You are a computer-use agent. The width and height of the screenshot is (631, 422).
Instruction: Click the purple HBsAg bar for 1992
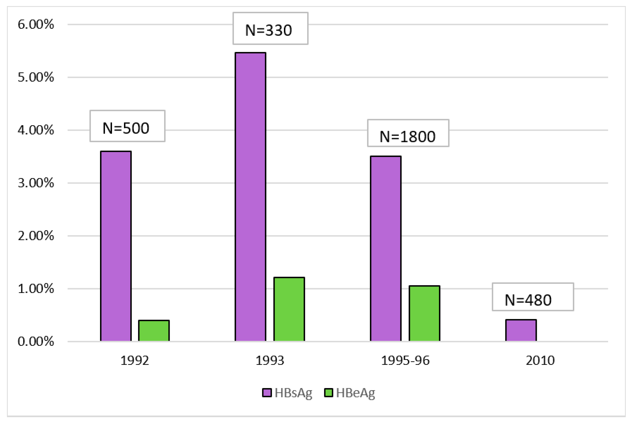coord(116,246)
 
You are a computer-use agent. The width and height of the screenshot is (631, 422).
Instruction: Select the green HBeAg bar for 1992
coord(154,330)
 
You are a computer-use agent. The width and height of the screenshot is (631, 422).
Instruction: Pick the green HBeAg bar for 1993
coord(289,309)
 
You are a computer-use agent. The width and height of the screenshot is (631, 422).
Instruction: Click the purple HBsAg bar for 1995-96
coord(386,249)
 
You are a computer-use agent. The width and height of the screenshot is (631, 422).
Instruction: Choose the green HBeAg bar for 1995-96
coord(424,313)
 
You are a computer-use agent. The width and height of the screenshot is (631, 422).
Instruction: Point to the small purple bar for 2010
coord(521,330)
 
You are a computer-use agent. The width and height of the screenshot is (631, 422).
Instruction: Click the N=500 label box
coord(127,126)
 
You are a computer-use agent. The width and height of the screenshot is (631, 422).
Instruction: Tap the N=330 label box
coord(270,28)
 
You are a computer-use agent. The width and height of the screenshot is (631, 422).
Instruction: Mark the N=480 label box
coord(533,297)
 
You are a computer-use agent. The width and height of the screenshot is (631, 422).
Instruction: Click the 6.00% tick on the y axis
coord(36,24)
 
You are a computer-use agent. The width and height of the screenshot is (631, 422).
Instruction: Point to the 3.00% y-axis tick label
coord(36,183)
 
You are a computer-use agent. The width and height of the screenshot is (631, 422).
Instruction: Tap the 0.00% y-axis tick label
coord(36,342)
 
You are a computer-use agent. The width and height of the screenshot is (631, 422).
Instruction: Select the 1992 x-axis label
coord(135,360)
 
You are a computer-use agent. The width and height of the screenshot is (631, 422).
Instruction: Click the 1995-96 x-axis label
coord(405,360)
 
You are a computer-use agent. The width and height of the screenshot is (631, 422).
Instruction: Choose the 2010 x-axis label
coord(540,360)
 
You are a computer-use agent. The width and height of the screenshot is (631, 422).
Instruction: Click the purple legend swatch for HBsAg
coord(267,393)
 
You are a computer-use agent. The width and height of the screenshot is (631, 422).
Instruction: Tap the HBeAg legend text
coord(355,393)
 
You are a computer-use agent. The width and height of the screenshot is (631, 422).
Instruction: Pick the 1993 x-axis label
coord(270,360)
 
